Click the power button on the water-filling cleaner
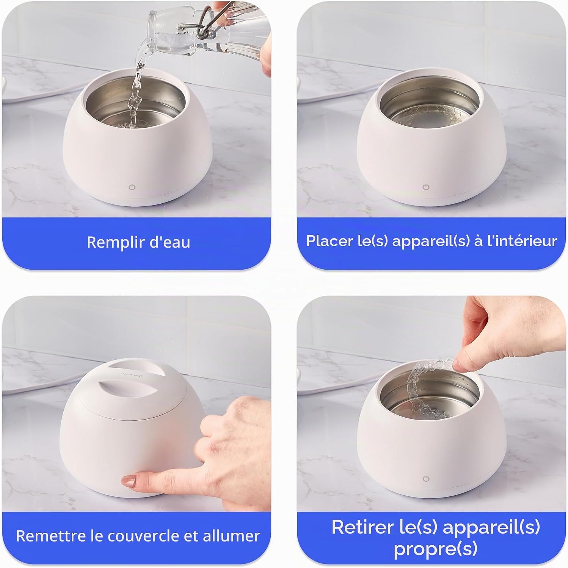[132, 187]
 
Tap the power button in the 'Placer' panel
[426, 187]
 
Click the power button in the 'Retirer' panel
[426, 479]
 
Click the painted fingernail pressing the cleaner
[129, 481]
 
